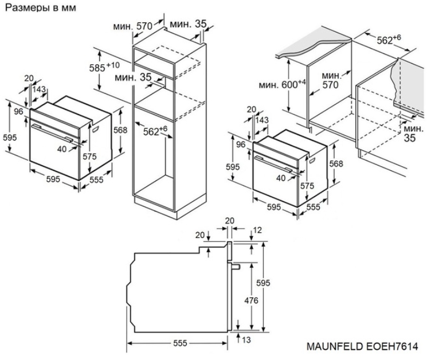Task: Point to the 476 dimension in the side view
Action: point(251,300)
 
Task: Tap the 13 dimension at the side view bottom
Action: point(247,340)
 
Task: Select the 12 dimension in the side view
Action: point(257,230)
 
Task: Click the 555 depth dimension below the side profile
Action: point(180,343)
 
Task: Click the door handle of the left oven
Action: point(52,132)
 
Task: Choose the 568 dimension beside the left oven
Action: point(120,130)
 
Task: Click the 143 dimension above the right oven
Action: point(263,120)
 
